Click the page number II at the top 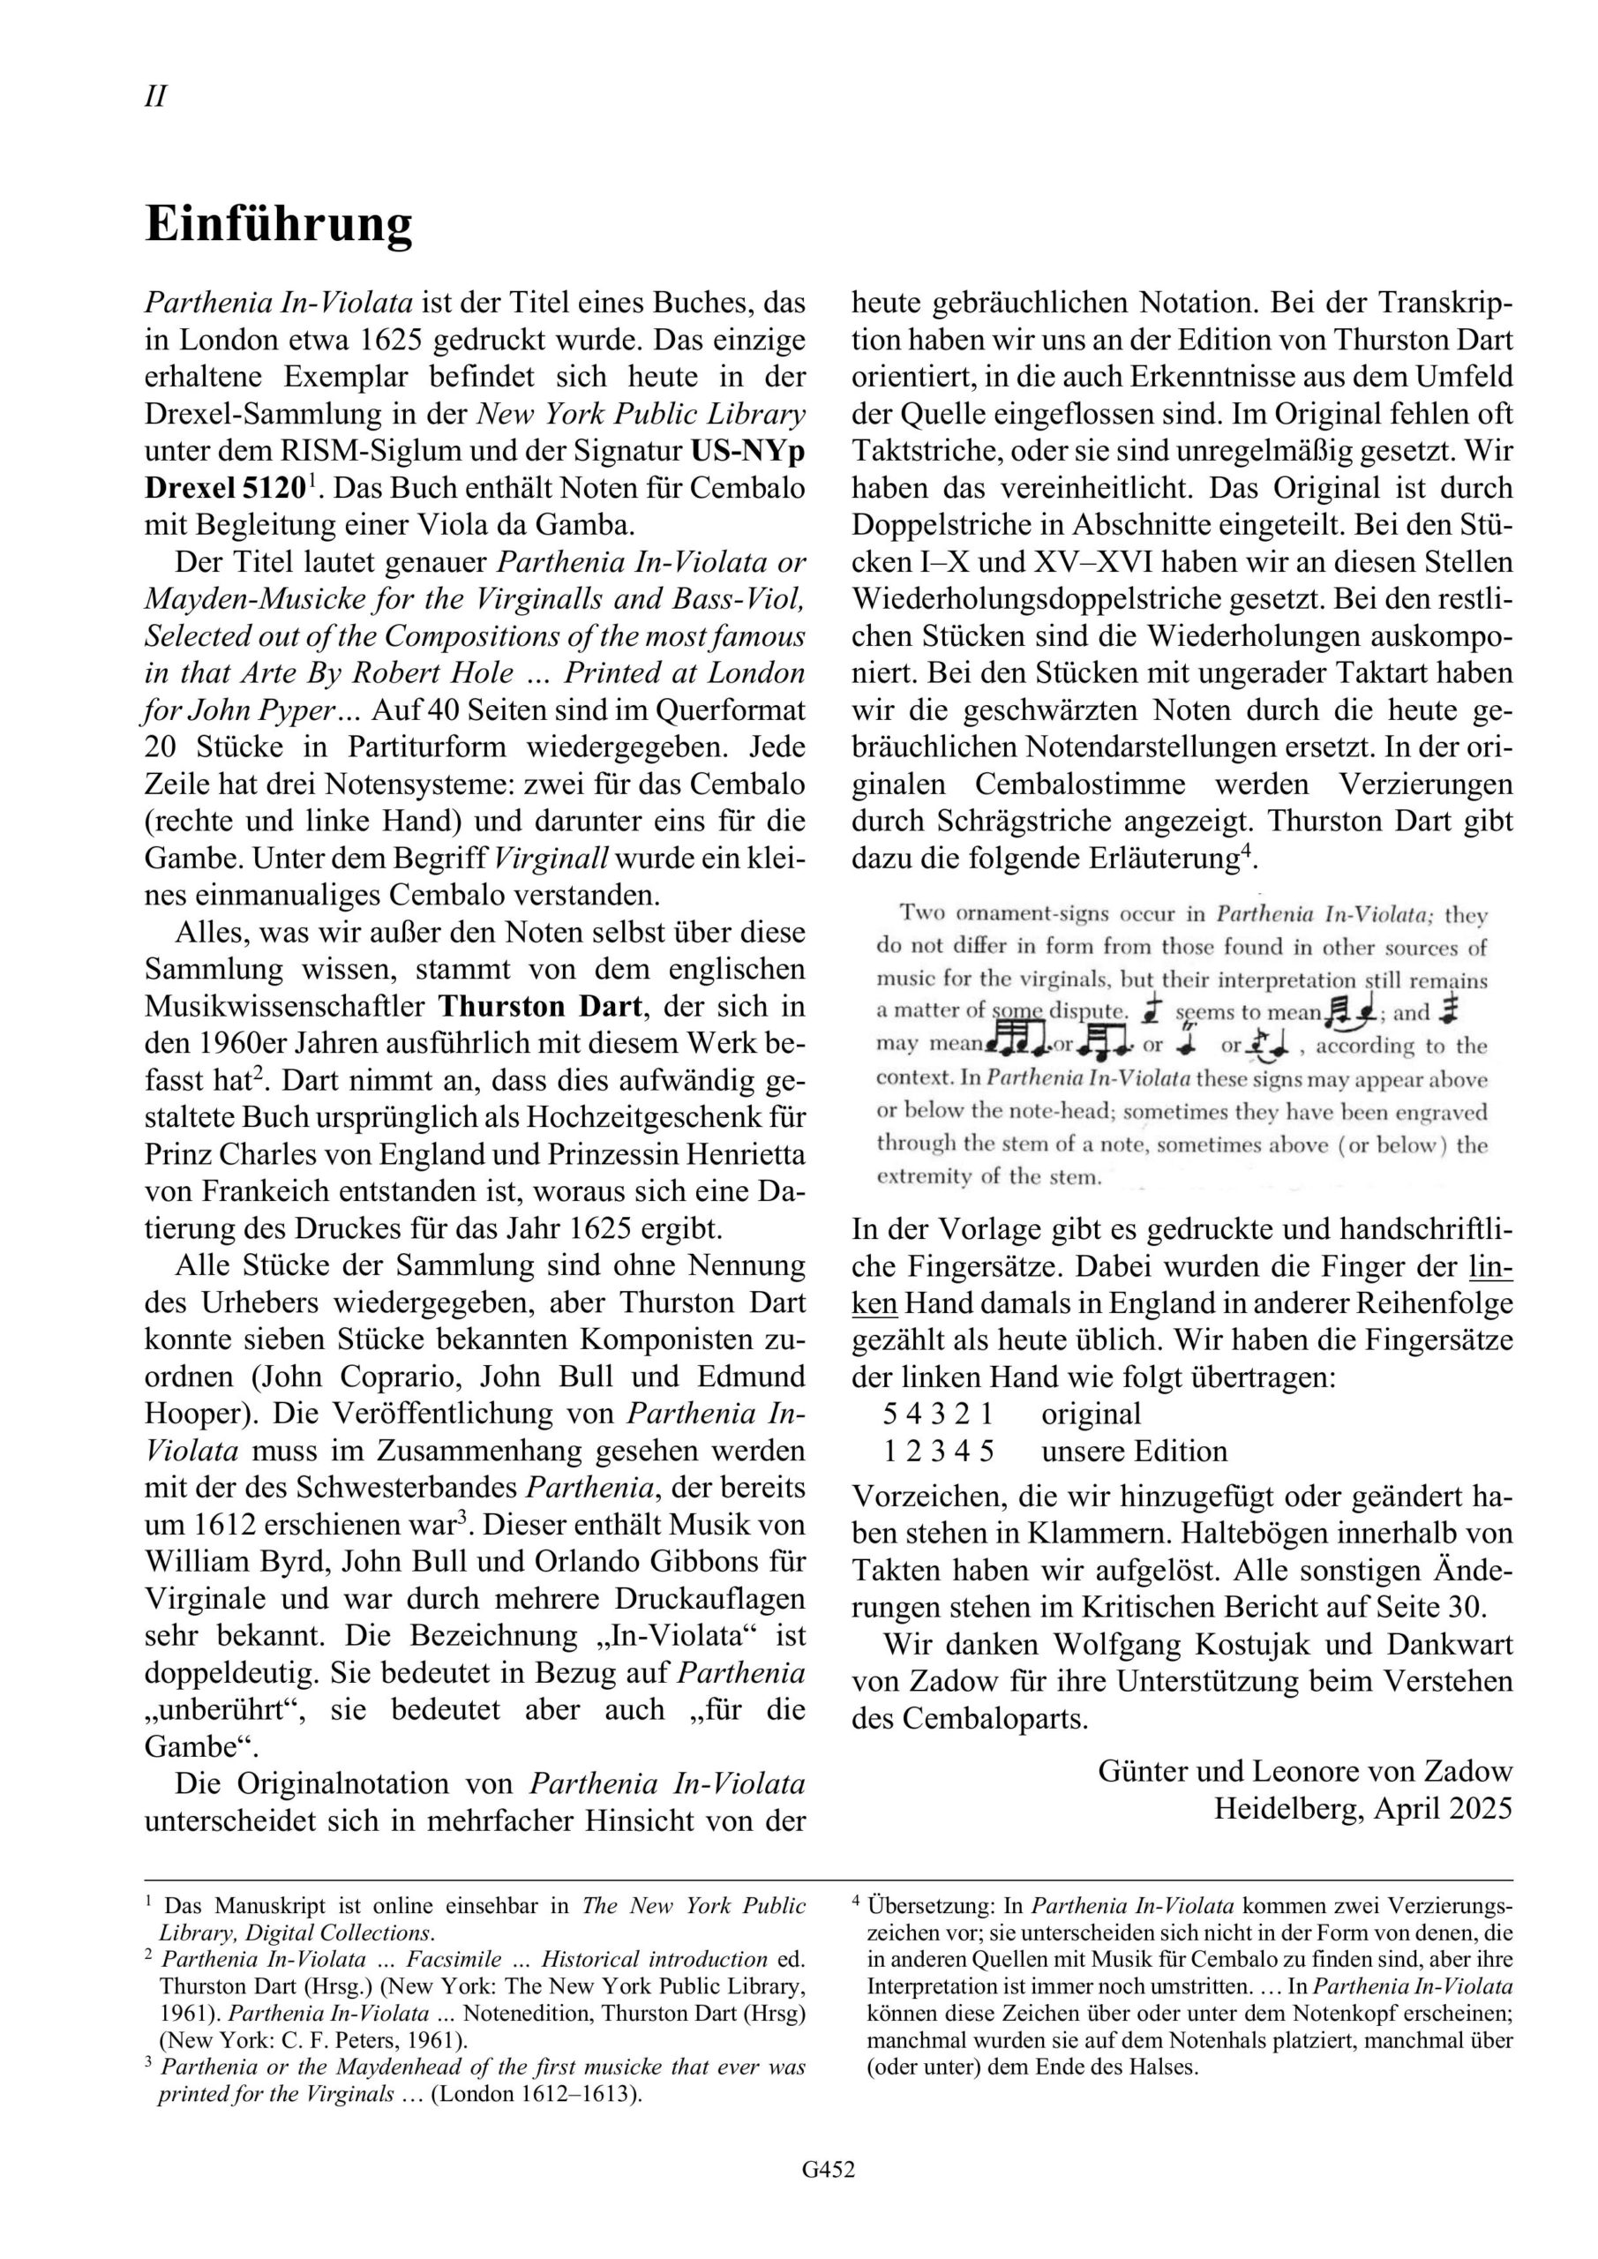pyautogui.click(x=155, y=96)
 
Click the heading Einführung pyautogui.click(x=279, y=224)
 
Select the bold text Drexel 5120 pyautogui.click(x=225, y=488)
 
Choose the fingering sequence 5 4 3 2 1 pyautogui.click(x=938, y=1414)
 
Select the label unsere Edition pyautogui.click(x=1135, y=1452)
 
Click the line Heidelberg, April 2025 pyautogui.click(x=1362, y=1808)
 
